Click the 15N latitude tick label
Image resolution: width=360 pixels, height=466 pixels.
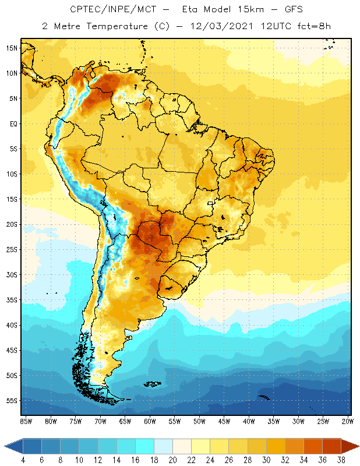(x=11, y=48)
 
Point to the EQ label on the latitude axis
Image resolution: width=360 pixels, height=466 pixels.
(x=12, y=123)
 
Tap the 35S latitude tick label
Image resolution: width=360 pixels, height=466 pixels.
(x=11, y=300)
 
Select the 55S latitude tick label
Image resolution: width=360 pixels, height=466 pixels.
(x=11, y=401)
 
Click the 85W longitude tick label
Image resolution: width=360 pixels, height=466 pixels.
(x=26, y=421)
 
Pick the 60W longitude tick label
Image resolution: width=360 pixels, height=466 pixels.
(x=150, y=421)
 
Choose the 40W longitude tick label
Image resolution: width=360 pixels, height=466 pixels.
(x=249, y=421)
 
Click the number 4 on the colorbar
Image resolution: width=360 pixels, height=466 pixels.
(x=23, y=460)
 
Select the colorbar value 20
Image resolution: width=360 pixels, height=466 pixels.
(x=172, y=460)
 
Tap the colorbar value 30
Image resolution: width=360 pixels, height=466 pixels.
(x=266, y=460)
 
